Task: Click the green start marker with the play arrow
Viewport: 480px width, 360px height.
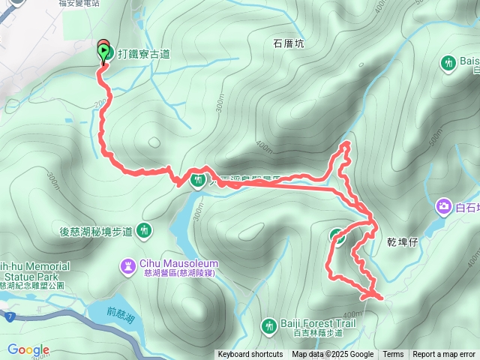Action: click(x=103, y=52)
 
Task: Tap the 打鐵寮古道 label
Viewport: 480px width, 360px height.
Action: click(x=143, y=53)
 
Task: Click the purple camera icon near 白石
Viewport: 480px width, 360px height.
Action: click(x=444, y=205)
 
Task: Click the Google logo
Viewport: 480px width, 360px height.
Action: click(x=28, y=349)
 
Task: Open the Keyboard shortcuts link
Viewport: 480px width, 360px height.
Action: click(x=250, y=355)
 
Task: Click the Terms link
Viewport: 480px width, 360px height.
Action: click(x=393, y=355)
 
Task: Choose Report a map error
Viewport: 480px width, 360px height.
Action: click(x=444, y=355)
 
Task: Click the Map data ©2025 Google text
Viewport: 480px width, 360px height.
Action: click(x=332, y=355)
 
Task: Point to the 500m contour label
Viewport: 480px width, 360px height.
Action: click(x=433, y=139)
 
